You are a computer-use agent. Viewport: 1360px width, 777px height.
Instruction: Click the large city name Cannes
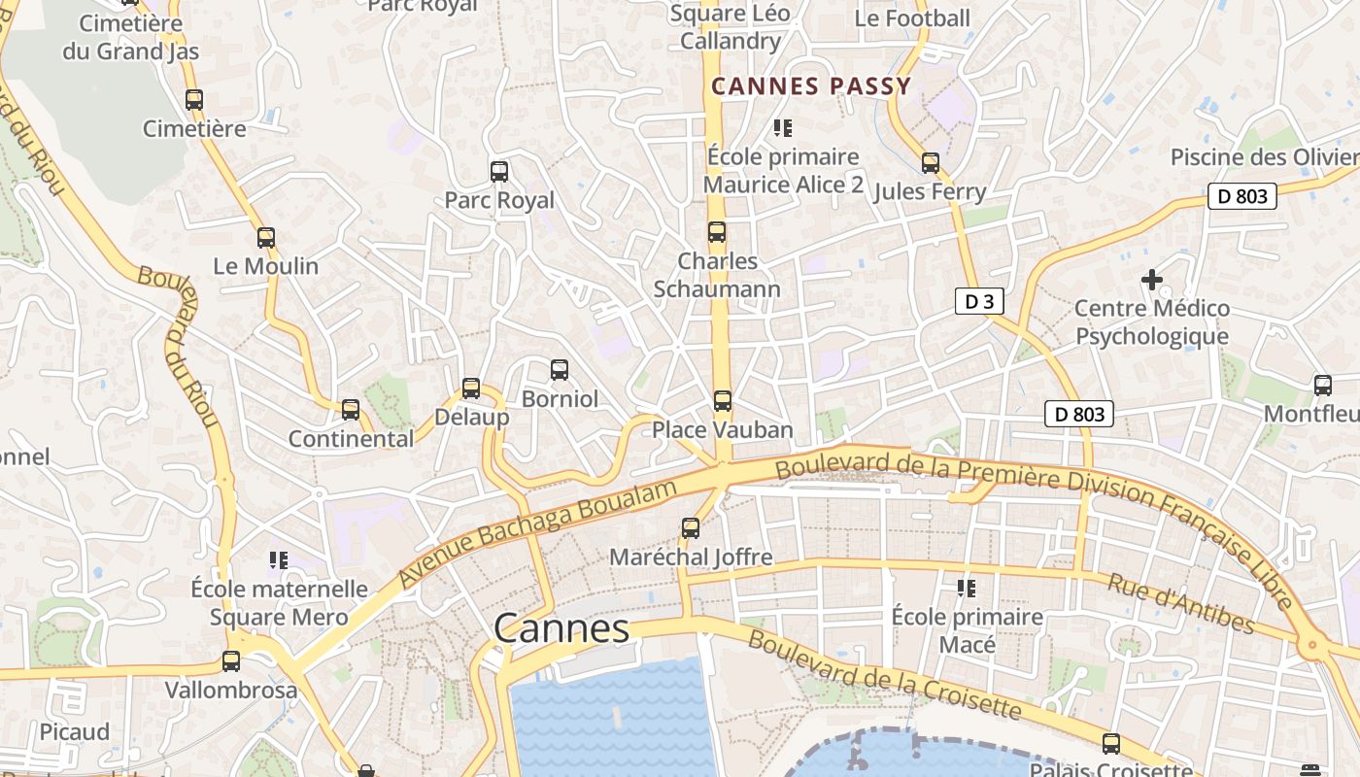(561, 628)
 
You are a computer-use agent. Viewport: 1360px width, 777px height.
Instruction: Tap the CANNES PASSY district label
(811, 86)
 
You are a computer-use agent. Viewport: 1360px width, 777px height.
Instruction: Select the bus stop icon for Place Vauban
(722, 400)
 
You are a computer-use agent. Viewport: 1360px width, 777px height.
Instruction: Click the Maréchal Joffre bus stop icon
(690, 528)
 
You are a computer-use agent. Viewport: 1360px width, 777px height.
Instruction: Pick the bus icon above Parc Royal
(499, 172)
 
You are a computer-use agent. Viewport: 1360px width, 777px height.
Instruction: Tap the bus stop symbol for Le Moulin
(265, 237)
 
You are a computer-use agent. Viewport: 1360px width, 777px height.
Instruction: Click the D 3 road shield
(978, 301)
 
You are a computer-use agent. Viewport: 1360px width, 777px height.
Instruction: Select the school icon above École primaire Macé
(967, 588)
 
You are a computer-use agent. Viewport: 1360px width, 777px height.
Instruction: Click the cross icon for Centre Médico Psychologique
(1151, 280)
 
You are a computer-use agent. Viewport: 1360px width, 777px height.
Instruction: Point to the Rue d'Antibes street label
(1180, 603)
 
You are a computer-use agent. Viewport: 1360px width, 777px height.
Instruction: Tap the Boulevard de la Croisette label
(884, 676)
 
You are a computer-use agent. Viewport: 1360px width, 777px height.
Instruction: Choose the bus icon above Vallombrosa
(230, 661)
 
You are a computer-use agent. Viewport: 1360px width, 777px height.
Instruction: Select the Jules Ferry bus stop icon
(930, 162)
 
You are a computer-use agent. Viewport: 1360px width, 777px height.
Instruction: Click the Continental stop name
(351, 438)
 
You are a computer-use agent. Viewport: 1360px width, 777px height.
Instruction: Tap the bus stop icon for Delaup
(471, 388)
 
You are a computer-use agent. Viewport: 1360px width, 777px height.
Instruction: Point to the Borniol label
(560, 398)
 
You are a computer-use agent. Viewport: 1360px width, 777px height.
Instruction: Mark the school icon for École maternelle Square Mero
(279, 560)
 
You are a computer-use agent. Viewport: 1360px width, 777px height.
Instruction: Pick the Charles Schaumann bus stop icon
(717, 231)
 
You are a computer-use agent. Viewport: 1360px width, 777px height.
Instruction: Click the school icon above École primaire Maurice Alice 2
(783, 127)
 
